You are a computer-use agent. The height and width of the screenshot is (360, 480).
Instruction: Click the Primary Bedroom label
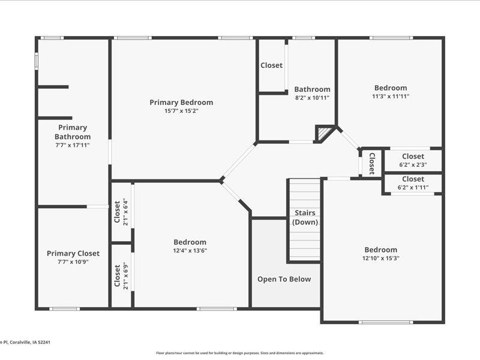click(181, 102)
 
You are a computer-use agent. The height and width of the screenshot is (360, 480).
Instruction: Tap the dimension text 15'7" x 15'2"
click(181, 111)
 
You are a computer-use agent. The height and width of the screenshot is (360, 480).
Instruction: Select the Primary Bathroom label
click(73, 132)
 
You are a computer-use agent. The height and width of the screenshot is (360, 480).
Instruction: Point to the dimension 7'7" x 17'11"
click(73, 145)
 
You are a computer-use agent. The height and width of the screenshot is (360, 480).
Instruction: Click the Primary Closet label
click(73, 253)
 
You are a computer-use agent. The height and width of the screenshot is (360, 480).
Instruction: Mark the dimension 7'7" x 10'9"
click(73, 262)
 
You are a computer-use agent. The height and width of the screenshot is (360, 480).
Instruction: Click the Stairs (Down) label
click(305, 218)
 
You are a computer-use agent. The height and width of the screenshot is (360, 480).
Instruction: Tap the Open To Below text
click(284, 279)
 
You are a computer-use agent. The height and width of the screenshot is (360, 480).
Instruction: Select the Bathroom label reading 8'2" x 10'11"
click(312, 97)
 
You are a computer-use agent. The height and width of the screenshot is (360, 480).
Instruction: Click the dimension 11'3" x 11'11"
click(391, 96)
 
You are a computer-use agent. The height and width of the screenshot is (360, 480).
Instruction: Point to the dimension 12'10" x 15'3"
click(380, 258)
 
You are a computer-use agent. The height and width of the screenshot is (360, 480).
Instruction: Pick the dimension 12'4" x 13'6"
click(190, 251)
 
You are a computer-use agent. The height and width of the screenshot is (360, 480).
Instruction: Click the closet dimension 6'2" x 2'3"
click(413, 164)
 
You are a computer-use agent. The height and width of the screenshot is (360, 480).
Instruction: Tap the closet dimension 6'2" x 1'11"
click(413, 187)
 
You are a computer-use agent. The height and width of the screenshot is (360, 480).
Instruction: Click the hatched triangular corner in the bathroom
click(324, 133)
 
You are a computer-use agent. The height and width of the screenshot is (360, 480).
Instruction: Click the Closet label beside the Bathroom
click(271, 65)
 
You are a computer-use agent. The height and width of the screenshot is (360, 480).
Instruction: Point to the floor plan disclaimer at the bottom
click(240, 353)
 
